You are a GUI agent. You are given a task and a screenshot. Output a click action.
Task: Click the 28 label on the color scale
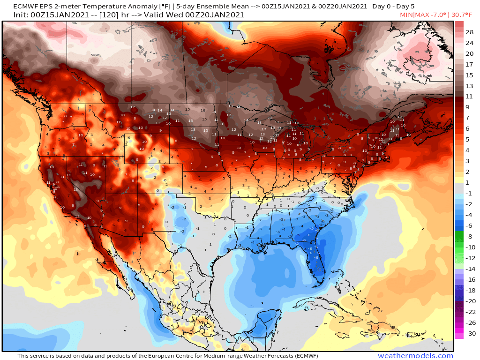(469, 32)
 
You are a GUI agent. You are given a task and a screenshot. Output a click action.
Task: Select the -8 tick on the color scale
(469, 237)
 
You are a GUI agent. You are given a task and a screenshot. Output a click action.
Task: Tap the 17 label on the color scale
(469, 64)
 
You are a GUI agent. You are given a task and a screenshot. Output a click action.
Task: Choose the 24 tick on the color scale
(469, 43)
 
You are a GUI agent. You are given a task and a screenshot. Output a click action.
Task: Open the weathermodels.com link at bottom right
(415, 356)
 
